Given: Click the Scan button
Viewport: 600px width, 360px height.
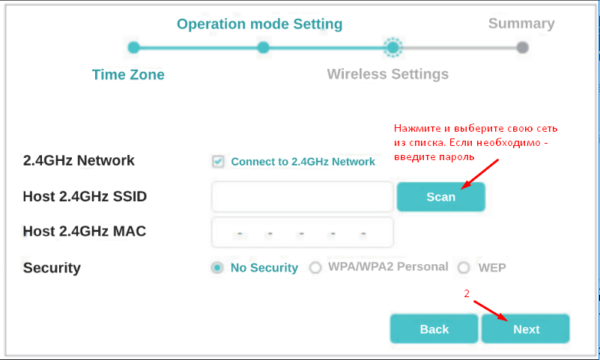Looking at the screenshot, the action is [440, 197].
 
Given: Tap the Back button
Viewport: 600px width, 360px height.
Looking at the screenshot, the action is [434, 329].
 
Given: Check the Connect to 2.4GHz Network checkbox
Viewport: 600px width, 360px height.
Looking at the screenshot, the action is [218, 161].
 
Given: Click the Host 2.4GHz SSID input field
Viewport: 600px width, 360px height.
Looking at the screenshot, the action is [303, 196].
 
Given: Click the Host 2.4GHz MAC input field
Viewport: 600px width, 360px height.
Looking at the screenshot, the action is [303, 232].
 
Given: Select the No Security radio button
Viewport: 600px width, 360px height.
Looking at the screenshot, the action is [217, 268].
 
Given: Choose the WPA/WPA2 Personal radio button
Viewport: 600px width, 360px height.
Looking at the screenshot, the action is [315, 267].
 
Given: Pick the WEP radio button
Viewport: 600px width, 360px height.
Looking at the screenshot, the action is [464, 267].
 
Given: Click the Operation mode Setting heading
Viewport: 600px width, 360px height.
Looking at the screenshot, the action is [259, 24].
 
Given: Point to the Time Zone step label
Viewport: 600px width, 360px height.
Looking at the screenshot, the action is [128, 75].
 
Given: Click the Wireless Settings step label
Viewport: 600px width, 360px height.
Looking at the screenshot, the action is [387, 74].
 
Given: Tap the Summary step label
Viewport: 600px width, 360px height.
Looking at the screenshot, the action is [521, 23].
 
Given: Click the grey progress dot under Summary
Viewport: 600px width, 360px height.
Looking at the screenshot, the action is [522, 48].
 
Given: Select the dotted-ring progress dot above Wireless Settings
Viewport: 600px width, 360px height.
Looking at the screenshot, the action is [393, 47].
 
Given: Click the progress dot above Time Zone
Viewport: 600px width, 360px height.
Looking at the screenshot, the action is [133, 48].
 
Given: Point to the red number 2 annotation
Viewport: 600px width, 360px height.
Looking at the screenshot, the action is [467, 293].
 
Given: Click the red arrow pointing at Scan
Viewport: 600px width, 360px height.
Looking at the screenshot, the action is [480, 174].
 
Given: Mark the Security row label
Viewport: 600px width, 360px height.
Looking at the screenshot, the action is [52, 268].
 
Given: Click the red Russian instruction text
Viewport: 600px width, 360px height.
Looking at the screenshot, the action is [476, 142].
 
